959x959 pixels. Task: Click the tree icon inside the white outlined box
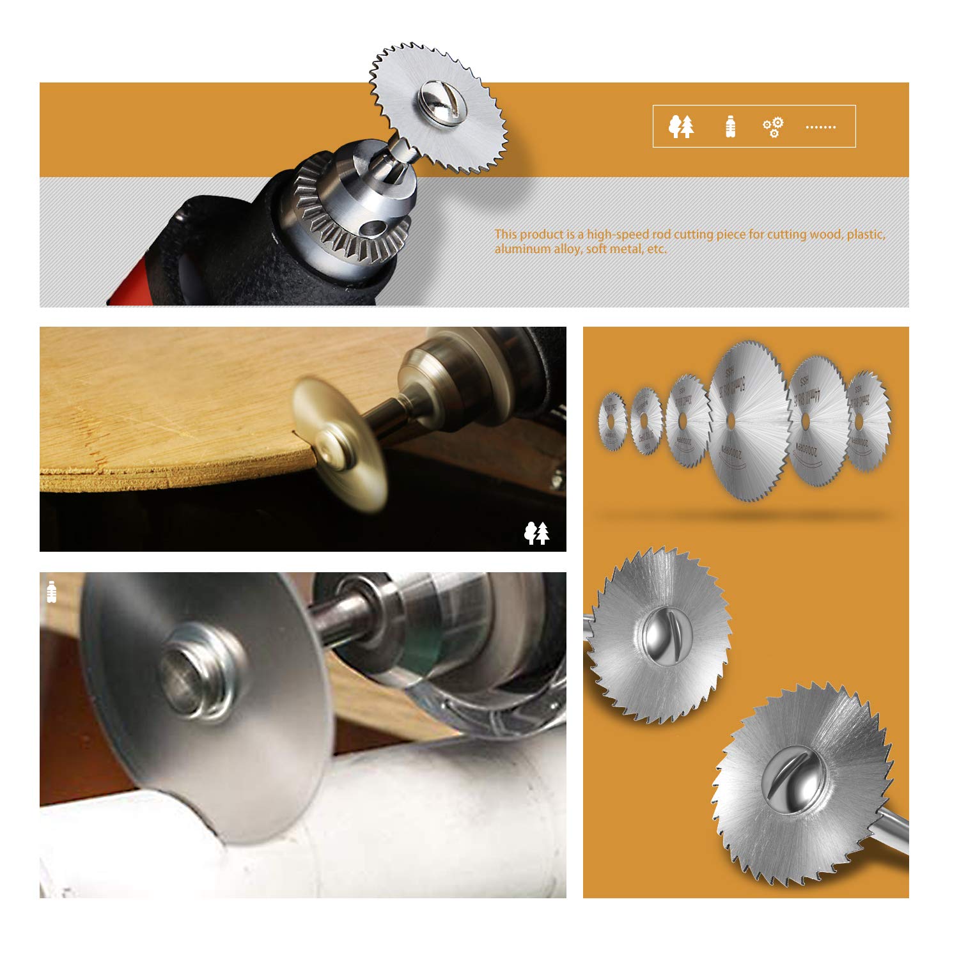pos(682,127)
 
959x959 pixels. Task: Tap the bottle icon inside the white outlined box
pos(730,127)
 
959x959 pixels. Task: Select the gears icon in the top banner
pos(773,127)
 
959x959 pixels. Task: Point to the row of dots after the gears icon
pos(820,127)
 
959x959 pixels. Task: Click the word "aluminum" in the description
pos(522,249)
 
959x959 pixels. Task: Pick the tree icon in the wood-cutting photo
pos(537,533)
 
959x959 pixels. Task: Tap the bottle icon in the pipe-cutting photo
pos(52,591)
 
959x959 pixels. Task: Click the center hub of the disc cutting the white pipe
pos(192,678)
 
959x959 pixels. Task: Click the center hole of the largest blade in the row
pos(749,422)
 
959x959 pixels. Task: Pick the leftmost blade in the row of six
pos(612,421)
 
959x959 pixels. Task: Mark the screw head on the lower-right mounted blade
pos(793,780)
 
